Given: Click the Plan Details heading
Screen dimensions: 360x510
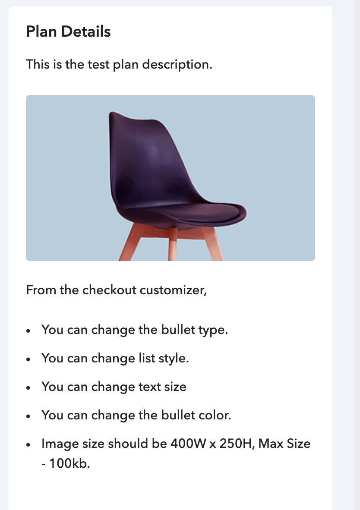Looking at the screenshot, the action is click(68, 31).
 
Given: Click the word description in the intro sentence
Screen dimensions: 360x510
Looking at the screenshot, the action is click(177, 65).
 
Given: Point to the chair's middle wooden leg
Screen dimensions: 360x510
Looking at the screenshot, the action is click(173, 244).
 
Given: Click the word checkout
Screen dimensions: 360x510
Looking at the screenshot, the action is click(109, 290).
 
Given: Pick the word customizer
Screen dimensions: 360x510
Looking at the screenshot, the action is click(173, 290).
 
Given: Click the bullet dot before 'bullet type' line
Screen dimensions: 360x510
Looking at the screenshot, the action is click(28, 331).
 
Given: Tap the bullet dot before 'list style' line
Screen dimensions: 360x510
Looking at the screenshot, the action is click(28, 359).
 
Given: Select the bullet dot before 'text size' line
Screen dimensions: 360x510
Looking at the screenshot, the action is click(28, 388).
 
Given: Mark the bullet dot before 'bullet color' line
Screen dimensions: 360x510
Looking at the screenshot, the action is click(28, 416).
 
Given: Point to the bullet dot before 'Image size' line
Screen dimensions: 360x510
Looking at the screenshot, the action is click(28, 444).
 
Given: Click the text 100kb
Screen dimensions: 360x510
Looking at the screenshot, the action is click(69, 463).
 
